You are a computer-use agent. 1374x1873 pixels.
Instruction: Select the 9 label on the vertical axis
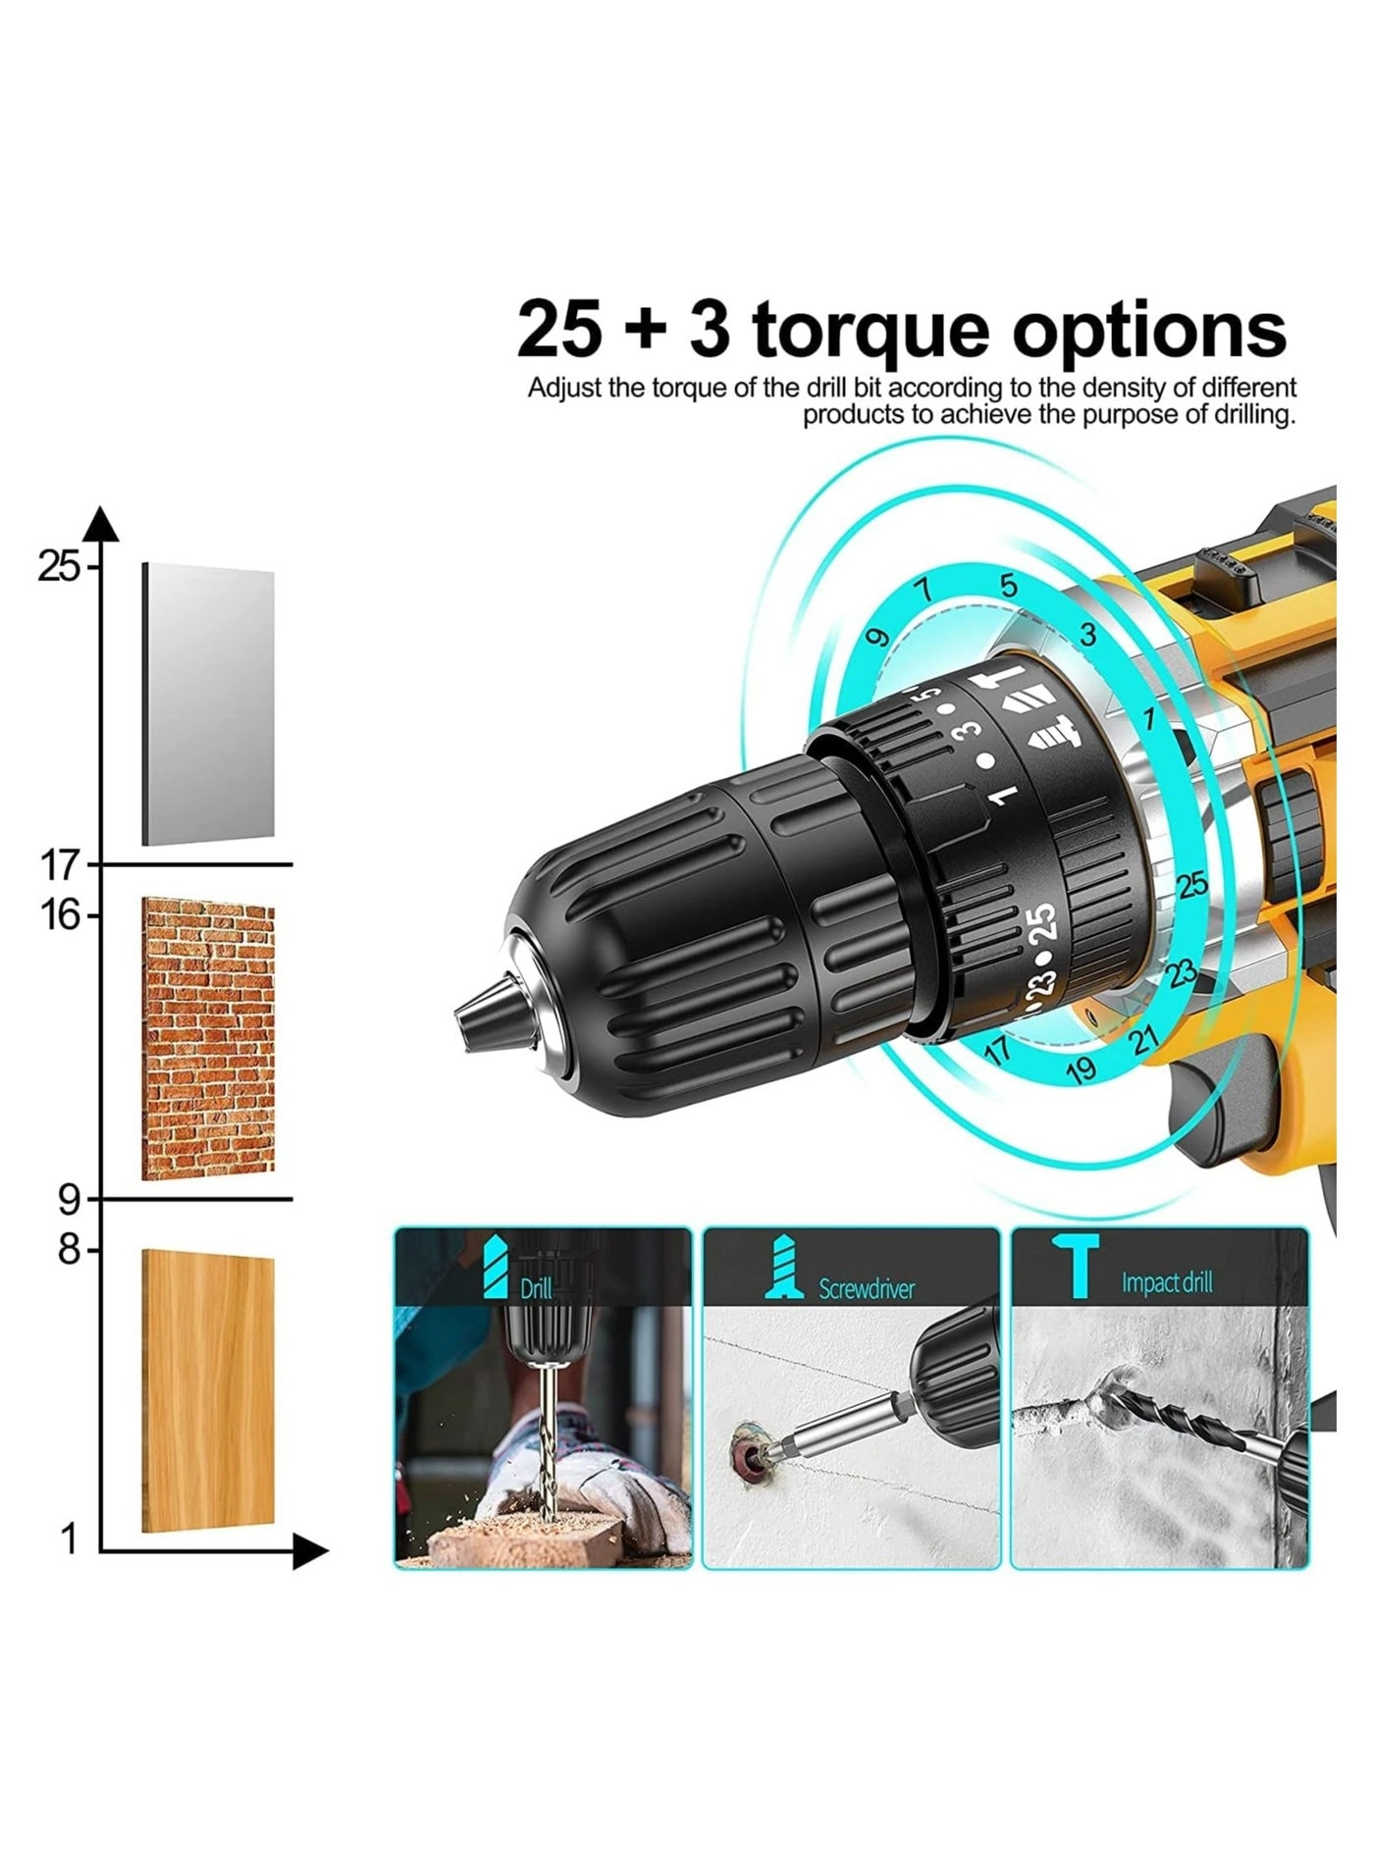69,1199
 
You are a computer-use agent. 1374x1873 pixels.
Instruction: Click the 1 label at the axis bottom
69,1540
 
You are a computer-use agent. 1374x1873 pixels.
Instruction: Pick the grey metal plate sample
208,704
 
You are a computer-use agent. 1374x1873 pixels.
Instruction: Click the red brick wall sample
208,1038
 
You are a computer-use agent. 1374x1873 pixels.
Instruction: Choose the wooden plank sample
208,1391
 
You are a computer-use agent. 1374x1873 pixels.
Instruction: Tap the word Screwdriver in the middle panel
867,1288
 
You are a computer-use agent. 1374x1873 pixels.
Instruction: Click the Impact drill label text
1167,1282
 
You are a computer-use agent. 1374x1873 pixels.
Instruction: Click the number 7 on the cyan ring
921,591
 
